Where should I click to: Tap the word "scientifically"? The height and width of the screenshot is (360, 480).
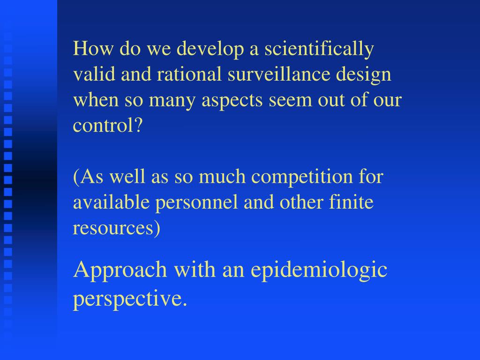click(x=319, y=49)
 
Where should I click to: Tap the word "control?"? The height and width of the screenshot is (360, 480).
click(x=107, y=126)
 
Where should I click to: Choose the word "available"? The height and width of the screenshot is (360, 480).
click(x=111, y=203)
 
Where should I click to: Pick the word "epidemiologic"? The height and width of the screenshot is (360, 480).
click(x=319, y=270)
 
